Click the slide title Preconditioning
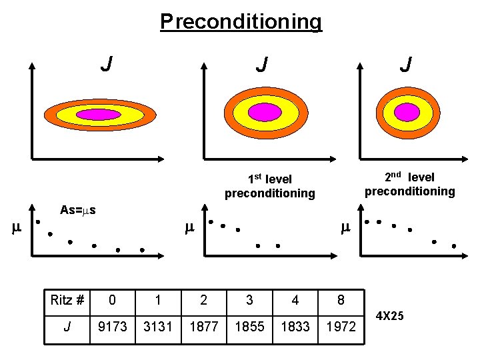point(241,21)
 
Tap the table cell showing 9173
point(112,327)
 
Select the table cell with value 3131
point(157,327)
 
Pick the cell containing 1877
point(203,327)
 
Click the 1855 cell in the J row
point(249,327)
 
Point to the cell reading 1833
point(295,327)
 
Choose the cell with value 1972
point(341,327)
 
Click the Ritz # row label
point(67,300)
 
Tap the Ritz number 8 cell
point(341,300)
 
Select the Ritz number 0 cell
point(112,300)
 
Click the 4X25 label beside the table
point(390,315)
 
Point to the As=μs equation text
point(78,211)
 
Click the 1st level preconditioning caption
point(269,186)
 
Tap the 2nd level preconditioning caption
point(409,184)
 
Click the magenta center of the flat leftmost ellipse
point(98,114)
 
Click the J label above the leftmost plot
point(105,65)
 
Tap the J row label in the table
point(67,327)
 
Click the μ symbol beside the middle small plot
point(189,229)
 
